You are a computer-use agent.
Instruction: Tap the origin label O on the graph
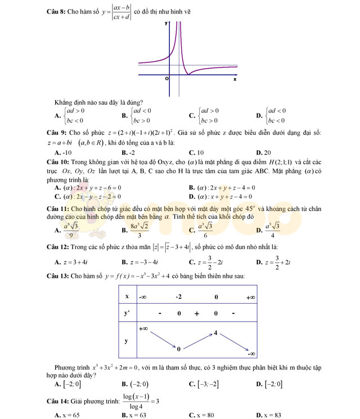click(x=166, y=79)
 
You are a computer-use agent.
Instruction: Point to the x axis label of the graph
click(x=235, y=79)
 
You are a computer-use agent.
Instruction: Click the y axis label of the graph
click(x=166, y=24)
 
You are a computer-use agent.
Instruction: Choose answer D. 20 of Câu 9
click(x=264, y=152)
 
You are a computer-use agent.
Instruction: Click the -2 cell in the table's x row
click(x=178, y=296)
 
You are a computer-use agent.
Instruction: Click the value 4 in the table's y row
click(x=215, y=333)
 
